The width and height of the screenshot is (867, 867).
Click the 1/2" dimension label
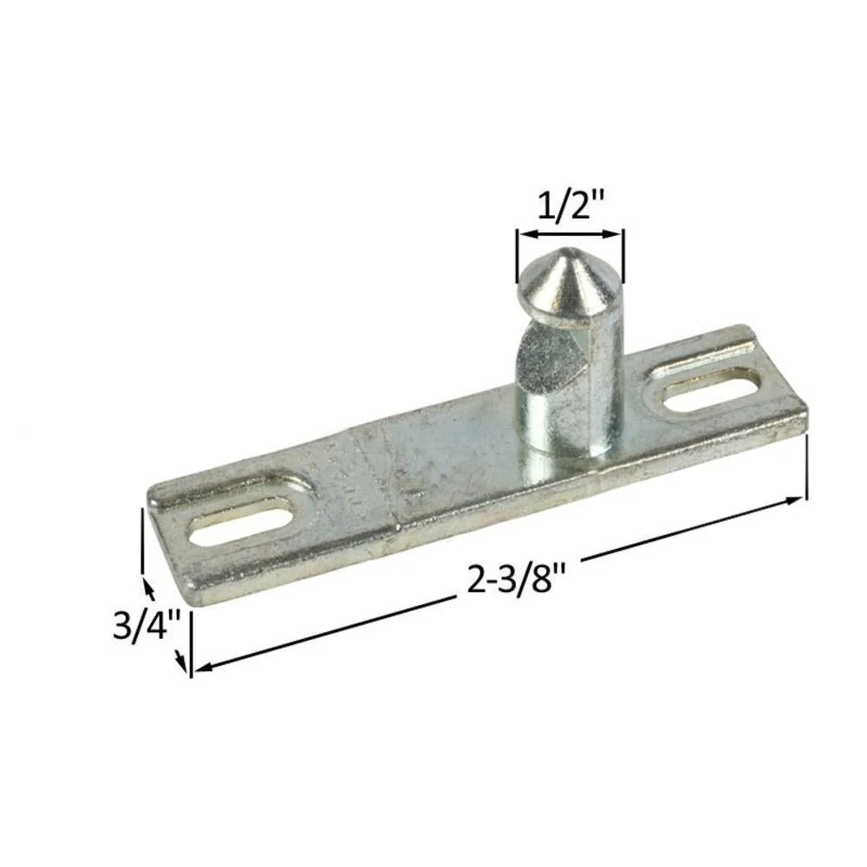571,206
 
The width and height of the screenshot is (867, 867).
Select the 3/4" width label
147,624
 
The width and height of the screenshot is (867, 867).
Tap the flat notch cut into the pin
546,360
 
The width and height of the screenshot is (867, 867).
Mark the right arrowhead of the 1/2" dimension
613,234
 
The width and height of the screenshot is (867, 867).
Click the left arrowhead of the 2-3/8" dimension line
204,667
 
